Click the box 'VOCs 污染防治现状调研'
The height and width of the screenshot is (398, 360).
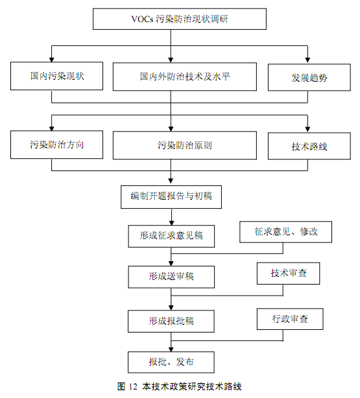(180, 19)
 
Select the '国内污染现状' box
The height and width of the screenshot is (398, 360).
(56, 76)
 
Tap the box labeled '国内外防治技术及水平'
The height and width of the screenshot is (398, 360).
(185, 76)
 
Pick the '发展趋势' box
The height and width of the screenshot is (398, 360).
(309, 77)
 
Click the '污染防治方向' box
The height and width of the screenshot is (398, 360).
(56, 145)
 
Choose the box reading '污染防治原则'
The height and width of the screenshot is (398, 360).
(185, 145)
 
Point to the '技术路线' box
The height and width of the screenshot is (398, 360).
(309, 146)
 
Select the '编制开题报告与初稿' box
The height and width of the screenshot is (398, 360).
(171, 197)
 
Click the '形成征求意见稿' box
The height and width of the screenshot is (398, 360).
(171, 236)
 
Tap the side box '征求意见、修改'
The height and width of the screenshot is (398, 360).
(285, 232)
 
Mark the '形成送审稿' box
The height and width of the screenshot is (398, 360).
(171, 277)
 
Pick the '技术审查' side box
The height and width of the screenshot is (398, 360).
(289, 274)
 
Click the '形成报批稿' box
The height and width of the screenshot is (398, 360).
(171, 321)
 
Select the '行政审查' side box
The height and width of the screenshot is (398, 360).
(290, 319)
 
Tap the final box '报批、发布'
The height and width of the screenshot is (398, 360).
(171, 362)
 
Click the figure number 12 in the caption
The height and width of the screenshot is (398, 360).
(133, 386)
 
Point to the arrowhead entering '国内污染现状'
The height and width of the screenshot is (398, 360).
(52, 60)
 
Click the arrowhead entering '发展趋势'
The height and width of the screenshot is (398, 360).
(307, 60)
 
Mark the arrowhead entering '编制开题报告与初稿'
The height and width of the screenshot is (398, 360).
(171, 181)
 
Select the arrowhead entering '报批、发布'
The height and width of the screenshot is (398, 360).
(171, 349)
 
